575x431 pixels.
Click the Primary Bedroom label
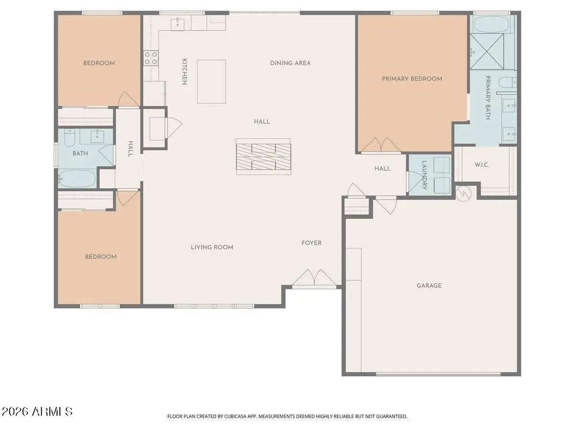[412, 79]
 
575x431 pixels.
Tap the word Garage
[429, 285]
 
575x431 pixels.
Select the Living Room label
[212, 247]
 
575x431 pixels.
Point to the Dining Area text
[290, 63]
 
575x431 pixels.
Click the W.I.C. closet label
[482, 165]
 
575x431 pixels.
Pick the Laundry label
[425, 175]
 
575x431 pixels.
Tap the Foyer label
[311, 243]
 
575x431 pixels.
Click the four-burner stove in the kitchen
[151, 58]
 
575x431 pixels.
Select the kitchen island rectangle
[211, 81]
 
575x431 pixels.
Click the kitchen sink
[178, 24]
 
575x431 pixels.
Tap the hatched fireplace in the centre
[263, 157]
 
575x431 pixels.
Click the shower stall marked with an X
[487, 52]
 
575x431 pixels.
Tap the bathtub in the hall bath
[77, 179]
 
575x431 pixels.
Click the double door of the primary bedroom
[381, 145]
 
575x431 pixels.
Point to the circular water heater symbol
[463, 193]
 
